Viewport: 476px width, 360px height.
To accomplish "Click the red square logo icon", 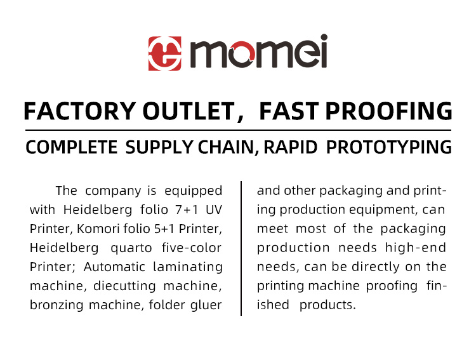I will [162, 53].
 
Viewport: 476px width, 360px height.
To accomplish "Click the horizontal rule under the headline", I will [238, 131].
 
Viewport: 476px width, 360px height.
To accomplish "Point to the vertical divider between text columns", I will [241, 248].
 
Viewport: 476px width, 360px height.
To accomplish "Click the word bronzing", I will [56, 305].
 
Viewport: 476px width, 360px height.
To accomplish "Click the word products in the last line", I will [327, 305].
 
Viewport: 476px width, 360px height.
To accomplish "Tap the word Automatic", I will [112, 267].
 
